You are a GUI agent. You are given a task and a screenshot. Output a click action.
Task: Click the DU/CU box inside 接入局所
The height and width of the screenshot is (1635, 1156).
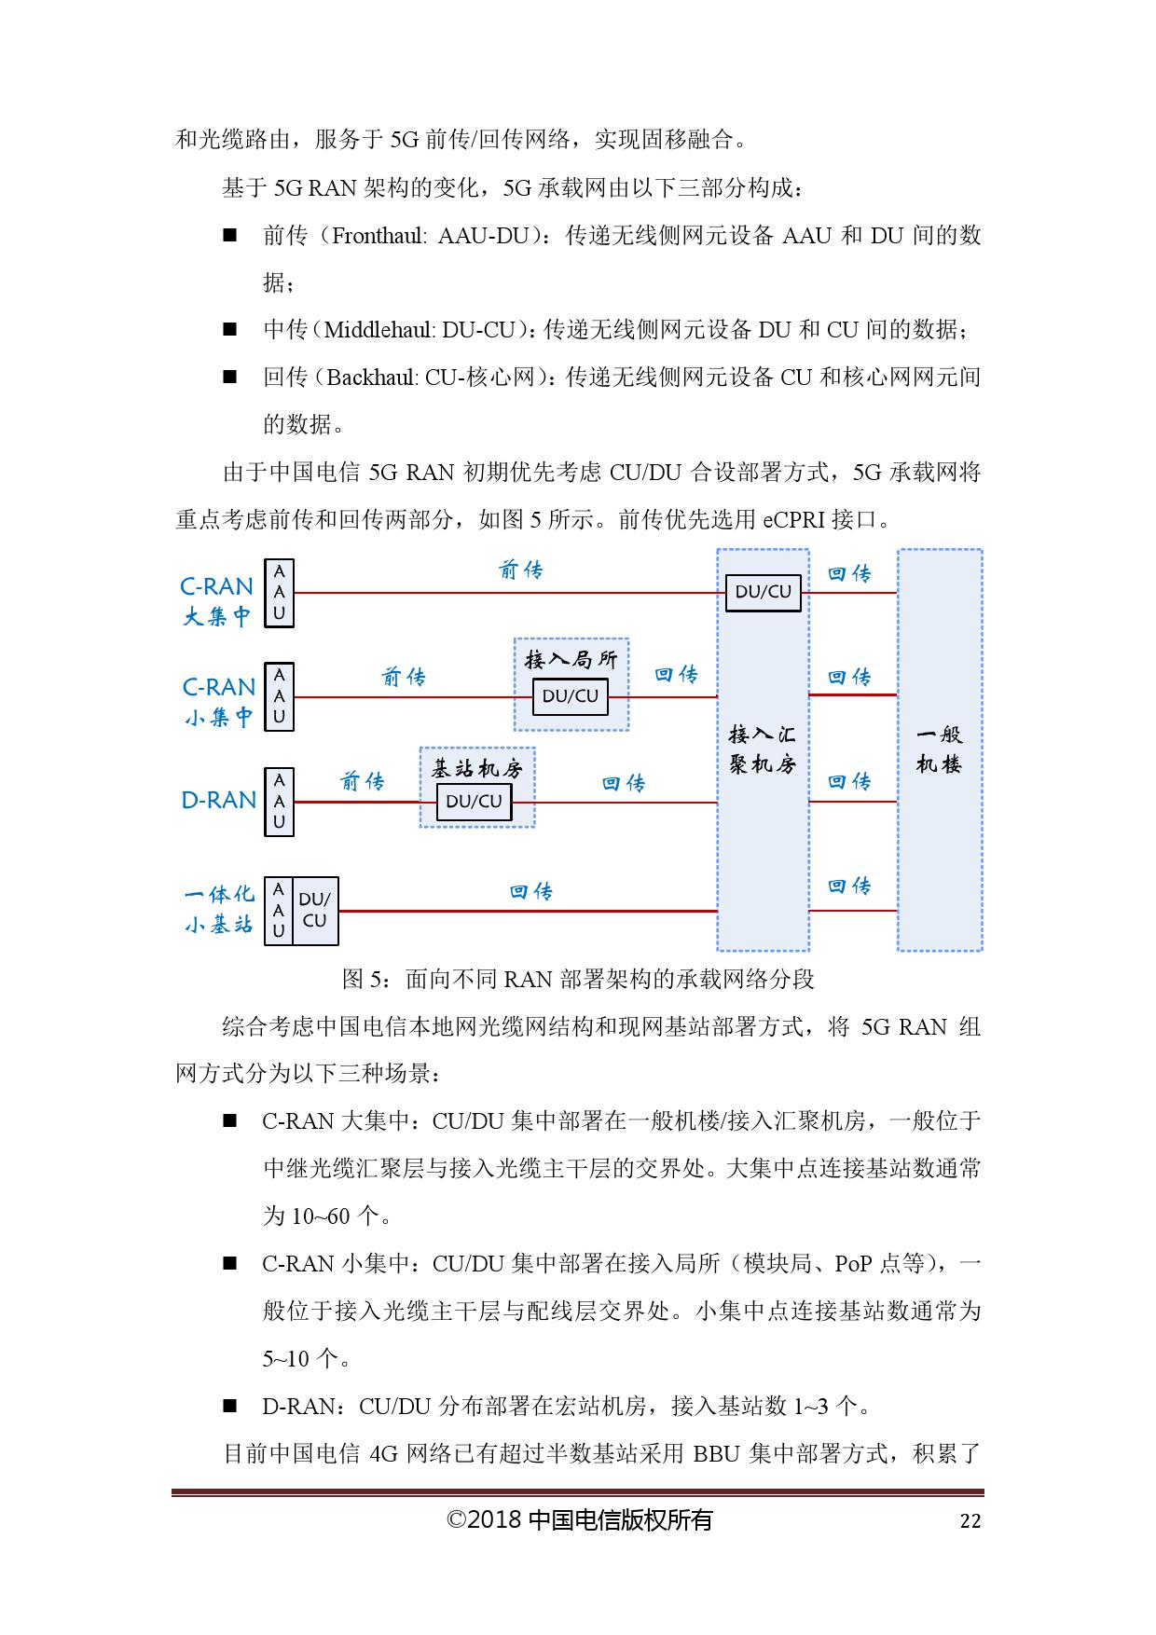pos(570,696)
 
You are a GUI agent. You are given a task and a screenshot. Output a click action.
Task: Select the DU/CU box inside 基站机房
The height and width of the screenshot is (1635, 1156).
pos(474,802)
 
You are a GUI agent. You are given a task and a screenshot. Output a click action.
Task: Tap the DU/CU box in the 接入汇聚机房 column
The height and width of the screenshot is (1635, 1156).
pos(763,592)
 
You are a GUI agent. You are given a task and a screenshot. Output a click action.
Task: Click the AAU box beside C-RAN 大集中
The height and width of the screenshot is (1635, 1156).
pos(279,593)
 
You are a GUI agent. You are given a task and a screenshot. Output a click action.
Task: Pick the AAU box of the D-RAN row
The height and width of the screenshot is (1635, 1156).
pos(279,802)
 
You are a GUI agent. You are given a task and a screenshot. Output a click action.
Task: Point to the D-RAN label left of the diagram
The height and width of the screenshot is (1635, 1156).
pos(218,801)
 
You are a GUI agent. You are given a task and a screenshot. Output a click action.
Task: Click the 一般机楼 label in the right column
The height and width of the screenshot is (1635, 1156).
pos(939,749)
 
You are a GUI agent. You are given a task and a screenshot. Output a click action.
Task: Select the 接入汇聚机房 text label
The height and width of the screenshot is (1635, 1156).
pos(762,749)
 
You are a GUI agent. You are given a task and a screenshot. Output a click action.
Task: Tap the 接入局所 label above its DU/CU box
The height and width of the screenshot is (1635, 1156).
pos(571,660)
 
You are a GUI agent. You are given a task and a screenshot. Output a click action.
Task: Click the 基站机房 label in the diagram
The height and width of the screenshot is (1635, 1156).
pos(476,768)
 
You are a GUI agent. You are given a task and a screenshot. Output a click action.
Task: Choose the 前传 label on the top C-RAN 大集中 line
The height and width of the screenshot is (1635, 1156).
pos(520,570)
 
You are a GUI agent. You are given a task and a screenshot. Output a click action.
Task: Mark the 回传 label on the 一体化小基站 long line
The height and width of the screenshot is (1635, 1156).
pos(530,892)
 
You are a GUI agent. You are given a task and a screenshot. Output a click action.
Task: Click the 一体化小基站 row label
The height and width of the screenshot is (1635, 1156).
pos(219,909)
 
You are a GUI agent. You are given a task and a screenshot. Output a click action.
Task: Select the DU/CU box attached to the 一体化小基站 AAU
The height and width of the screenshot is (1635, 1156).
pos(315,911)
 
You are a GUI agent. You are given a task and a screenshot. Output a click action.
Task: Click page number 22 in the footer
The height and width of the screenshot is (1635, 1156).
pos(970,1521)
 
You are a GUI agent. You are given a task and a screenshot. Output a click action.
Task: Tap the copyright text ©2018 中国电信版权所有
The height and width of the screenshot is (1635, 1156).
pos(579,1520)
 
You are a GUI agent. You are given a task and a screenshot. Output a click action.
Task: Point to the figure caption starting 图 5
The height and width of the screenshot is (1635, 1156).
pos(578,979)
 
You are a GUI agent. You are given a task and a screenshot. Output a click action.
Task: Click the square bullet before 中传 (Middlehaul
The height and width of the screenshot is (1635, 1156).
pos(229,330)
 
